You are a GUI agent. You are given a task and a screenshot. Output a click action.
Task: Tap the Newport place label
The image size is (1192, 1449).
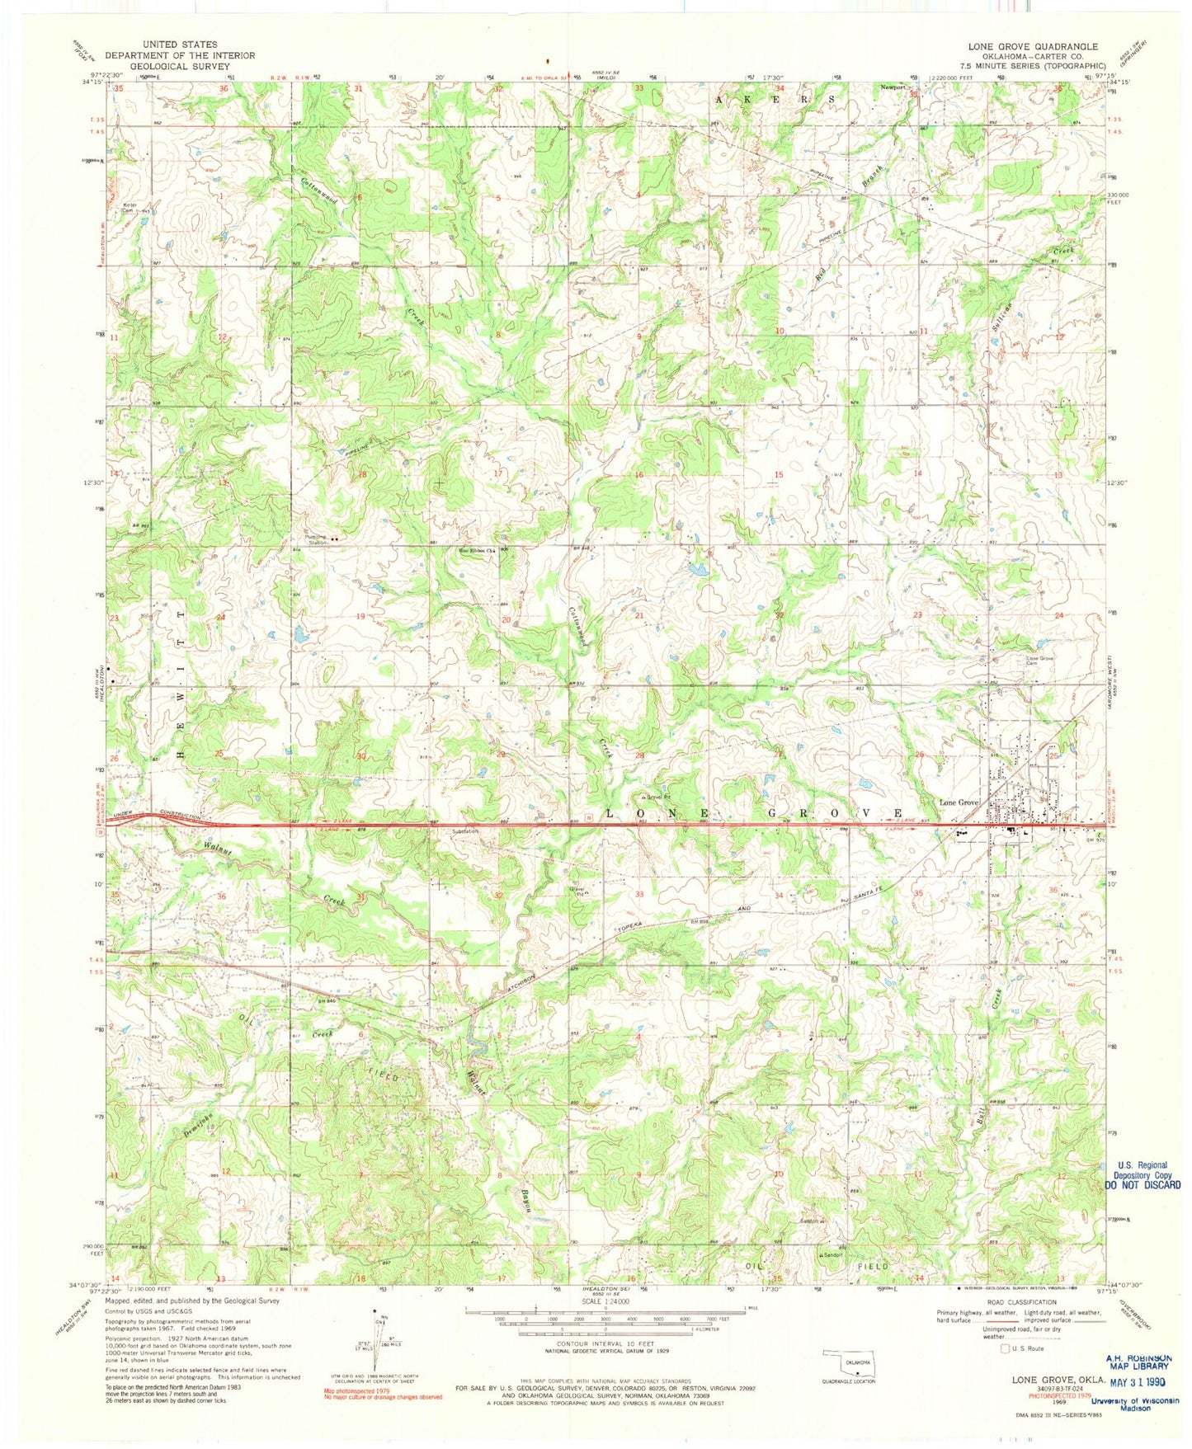coord(892,87)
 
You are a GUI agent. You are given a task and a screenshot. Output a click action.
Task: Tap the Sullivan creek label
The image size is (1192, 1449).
coord(1002,333)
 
